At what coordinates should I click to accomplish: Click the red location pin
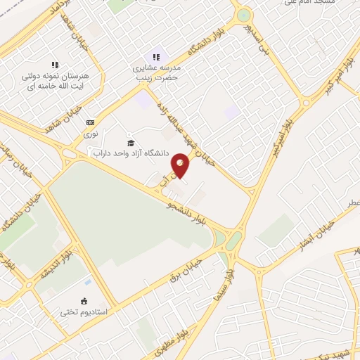coord(180,167)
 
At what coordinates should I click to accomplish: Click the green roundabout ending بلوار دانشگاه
coord(243,15)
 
